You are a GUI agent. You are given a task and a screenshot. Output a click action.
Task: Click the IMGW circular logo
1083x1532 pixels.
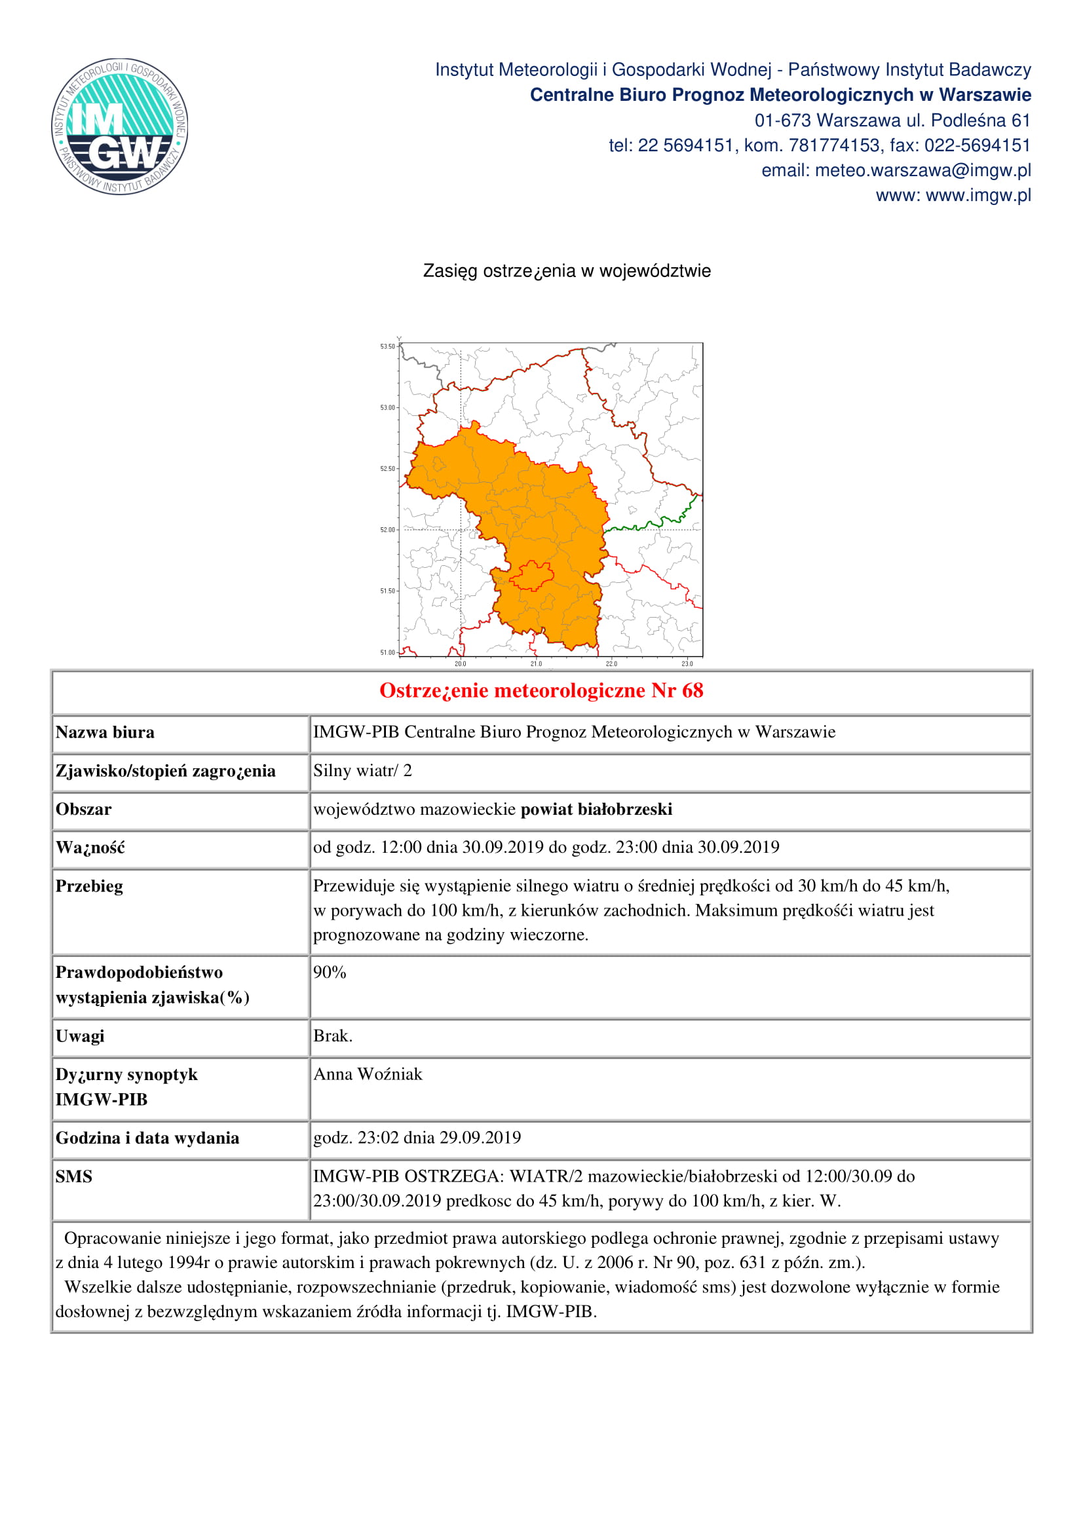point(119,126)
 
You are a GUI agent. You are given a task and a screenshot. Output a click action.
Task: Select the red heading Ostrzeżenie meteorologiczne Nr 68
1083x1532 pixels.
point(541,690)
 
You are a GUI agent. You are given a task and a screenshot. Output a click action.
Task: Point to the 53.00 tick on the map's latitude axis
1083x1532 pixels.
point(388,407)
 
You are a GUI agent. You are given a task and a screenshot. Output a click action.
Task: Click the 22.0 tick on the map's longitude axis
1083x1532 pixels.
point(611,664)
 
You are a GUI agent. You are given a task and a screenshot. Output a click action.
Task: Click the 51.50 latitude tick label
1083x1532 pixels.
point(388,591)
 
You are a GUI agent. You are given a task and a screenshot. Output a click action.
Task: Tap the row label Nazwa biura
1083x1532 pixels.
point(105,733)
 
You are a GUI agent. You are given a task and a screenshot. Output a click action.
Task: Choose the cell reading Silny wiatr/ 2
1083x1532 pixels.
point(363,771)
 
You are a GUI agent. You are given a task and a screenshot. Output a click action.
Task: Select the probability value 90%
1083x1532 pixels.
point(330,972)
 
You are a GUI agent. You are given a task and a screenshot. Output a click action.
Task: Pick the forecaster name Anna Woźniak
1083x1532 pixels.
point(368,1074)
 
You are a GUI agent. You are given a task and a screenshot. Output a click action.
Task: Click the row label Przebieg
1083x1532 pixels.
point(89,886)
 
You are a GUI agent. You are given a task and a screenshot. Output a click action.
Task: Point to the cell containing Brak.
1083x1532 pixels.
point(333,1036)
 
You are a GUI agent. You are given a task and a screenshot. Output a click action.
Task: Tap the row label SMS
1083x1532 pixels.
point(74,1176)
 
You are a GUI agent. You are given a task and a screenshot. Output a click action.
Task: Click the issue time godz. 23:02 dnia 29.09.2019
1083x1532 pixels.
point(417,1138)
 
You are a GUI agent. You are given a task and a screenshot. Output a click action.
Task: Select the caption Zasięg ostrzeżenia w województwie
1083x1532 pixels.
point(567,271)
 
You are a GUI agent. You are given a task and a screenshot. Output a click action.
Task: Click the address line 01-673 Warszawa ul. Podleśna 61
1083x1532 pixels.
point(892,121)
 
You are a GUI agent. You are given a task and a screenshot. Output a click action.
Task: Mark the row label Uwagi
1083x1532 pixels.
point(80,1036)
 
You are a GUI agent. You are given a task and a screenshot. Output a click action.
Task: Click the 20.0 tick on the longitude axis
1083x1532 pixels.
point(461,664)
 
